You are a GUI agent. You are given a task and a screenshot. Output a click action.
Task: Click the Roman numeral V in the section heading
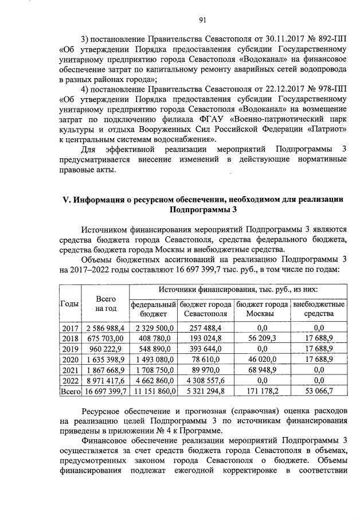click(65, 199)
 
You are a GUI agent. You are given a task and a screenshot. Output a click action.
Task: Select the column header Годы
click(69, 304)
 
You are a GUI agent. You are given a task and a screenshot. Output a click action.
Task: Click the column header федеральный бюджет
click(152, 309)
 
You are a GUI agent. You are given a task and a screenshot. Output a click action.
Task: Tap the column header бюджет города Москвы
click(262, 309)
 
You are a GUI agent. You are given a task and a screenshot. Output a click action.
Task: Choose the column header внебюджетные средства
click(319, 309)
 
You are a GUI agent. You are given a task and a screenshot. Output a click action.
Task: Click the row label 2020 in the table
click(69, 360)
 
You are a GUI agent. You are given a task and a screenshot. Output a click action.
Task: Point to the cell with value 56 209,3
click(262, 338)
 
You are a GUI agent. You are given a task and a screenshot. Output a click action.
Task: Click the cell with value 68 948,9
click(262, 371)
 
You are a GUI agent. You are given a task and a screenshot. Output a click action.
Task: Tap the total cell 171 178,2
click(262, 393)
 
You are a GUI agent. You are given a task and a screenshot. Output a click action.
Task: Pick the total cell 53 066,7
click(319, 393)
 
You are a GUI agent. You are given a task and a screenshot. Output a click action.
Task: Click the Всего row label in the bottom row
click(69, 393)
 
